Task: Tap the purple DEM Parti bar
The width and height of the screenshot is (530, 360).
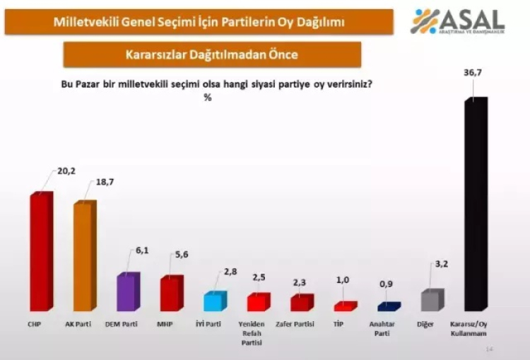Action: pyautogui.click(x=127, y=291)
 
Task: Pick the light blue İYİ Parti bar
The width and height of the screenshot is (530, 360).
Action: pyautogui.click(x=214, y=301)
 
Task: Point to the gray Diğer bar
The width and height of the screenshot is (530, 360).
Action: pyautogui.click(x=432, y=301)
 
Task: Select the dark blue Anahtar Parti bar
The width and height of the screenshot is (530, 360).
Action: pyautogui.click(x=388, y=307)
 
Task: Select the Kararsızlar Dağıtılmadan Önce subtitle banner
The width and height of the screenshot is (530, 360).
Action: pyautogui.click(x=212, y=54)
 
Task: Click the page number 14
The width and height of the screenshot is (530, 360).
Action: pyautogui.click(x=489, y=349)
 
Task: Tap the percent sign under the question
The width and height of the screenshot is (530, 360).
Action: pyautogui.click(x=208, y=98)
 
